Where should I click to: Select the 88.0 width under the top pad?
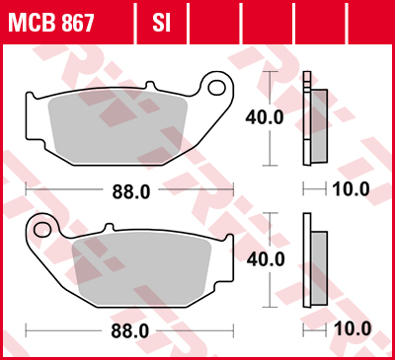130,192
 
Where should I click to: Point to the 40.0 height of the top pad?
264,117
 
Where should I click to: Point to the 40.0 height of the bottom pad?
265,259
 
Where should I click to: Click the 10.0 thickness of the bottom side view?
352,328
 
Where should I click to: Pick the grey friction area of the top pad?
123,127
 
